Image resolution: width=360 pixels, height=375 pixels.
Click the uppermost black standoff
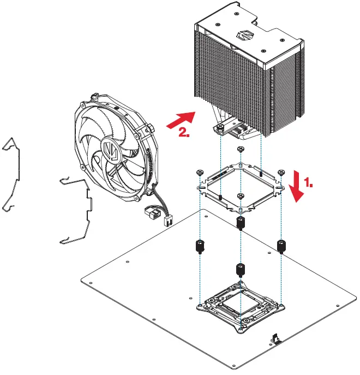click(240, 223)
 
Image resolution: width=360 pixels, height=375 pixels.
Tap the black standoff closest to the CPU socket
click(240, 269)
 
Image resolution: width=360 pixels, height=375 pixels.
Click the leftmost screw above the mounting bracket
click(199, 172)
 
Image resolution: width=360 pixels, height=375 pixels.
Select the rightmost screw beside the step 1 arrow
click(281, 172)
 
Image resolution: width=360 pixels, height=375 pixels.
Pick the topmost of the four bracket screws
click(240, 150)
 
